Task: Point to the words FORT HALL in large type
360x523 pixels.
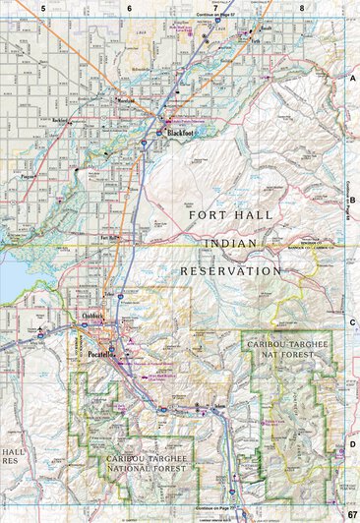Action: coord(232,212)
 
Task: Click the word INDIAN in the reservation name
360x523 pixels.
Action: coord(232,241)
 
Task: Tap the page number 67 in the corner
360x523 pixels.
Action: coord(351,514)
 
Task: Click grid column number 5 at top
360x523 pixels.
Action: coord(43,8)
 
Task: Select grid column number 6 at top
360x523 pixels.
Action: coord(129,8)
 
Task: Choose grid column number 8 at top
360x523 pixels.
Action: coord(302,8)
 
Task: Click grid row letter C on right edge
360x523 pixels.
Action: coord(352,321)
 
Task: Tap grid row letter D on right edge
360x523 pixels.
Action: coord(352,444)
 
